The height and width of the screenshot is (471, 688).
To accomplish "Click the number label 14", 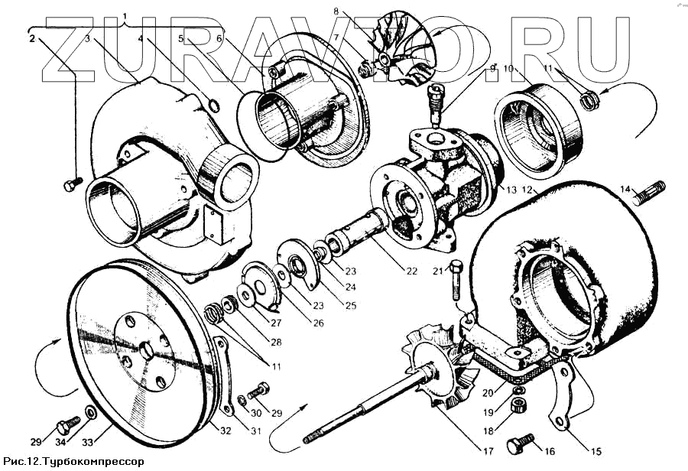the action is pyautogui.click(x=625, y=189).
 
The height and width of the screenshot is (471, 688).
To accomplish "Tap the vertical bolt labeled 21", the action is pyautogui.click(x=457, y=280).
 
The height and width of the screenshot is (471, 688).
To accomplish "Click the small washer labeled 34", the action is pyautogui.click(x=90, y=414).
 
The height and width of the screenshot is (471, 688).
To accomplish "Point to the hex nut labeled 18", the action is pyautogui.click(x=518, y=406).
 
